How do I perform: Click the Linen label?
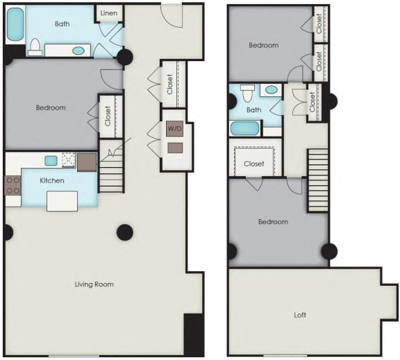109,13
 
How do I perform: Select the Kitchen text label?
52,180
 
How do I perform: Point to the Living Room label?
94,284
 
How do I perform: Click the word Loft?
300,315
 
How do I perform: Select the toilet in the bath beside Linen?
34,46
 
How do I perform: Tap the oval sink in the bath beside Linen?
79,51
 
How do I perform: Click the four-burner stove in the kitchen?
13,185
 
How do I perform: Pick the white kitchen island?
61,200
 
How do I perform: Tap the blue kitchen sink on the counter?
51,160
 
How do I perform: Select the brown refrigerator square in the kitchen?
87,162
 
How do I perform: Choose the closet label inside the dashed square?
254,164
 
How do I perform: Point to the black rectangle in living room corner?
193,334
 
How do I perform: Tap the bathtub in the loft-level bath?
244,128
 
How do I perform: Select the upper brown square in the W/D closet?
174,128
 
